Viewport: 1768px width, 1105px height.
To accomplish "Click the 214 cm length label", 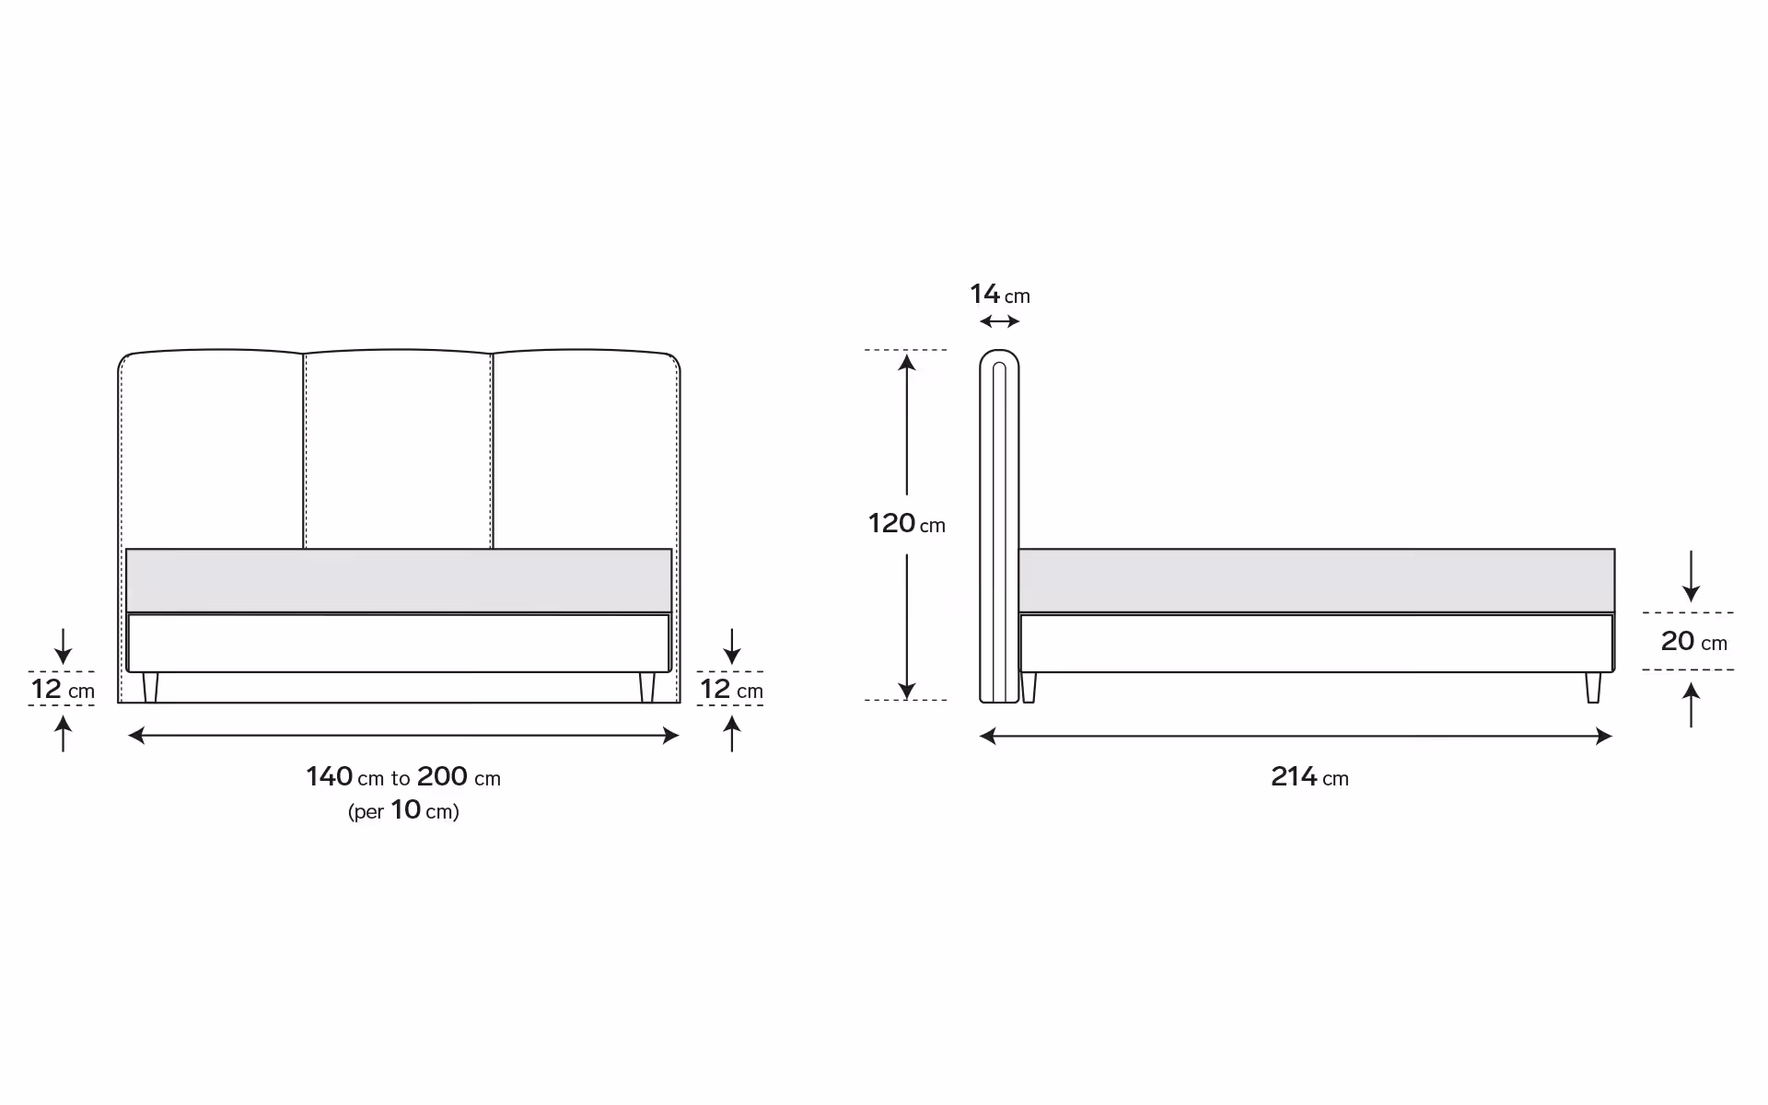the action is coord(1309,777).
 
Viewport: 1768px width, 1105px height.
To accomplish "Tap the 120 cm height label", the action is coord(906,524).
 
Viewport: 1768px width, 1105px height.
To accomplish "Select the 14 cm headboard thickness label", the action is coord(999,295).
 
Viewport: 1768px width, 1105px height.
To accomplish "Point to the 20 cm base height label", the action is coord(1693,641).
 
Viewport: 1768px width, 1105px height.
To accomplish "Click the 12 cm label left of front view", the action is coord(63,689).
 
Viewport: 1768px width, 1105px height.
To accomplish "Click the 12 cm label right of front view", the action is coord(731,689).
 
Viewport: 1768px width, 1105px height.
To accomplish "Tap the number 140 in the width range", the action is coord(330,776).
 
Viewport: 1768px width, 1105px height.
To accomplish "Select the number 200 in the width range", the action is coord(442,776).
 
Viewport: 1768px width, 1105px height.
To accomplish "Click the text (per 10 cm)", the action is coord(403,810).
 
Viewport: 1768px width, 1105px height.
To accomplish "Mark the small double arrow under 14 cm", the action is coord(999,321).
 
